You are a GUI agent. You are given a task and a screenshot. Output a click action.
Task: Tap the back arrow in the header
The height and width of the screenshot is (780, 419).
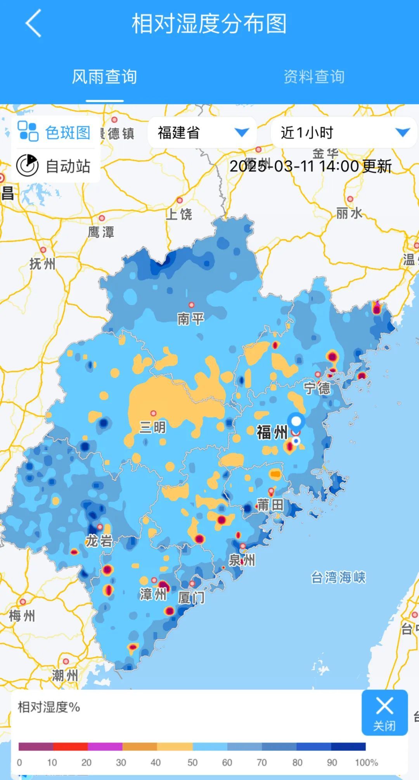click(x=33, y=24)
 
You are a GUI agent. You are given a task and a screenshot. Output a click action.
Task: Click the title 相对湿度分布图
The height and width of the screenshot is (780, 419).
click(x=209, y=24)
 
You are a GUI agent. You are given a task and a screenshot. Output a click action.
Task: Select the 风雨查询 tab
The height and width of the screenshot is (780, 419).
click(x=104, y=77)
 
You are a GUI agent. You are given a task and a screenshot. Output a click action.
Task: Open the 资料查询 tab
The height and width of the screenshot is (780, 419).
click(x=314, y=77)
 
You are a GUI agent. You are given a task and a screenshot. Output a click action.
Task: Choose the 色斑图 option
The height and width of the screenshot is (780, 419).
click(x=54, y=132)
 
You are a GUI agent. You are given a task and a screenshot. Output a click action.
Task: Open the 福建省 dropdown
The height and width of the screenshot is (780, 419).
click(x=202, y=132)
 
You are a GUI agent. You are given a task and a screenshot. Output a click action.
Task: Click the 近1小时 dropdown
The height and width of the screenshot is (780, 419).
click(x=344, y=132)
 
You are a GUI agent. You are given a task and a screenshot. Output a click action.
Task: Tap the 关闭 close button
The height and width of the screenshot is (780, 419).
click(x=384, y=712)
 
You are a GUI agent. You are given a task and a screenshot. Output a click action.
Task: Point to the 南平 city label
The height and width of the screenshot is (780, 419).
click(x=190, y=319)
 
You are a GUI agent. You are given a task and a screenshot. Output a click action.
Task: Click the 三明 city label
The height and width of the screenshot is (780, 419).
click(x=153, y=427)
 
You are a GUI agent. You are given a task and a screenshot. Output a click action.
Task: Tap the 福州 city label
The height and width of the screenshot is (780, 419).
click(x=272, y=432)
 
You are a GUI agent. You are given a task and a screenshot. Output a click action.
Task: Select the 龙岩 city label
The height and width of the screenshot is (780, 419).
click(x=99, y=540)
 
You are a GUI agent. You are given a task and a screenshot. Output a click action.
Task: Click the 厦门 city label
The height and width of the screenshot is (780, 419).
click(x=191, y=598)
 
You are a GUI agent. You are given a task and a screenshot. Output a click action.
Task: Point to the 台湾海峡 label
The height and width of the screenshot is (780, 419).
click(x=338, y=577)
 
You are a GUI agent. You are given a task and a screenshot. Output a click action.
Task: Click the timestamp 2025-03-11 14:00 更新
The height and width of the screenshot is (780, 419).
click(x=310, y=166)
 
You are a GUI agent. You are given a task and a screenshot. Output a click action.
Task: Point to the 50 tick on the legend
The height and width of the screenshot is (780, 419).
click(x=192, y=763)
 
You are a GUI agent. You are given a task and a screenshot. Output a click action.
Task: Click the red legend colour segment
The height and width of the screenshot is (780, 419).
click(x=70, y=747)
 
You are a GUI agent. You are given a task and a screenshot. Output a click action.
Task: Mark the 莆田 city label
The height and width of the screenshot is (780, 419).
click(x=270, y=505)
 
